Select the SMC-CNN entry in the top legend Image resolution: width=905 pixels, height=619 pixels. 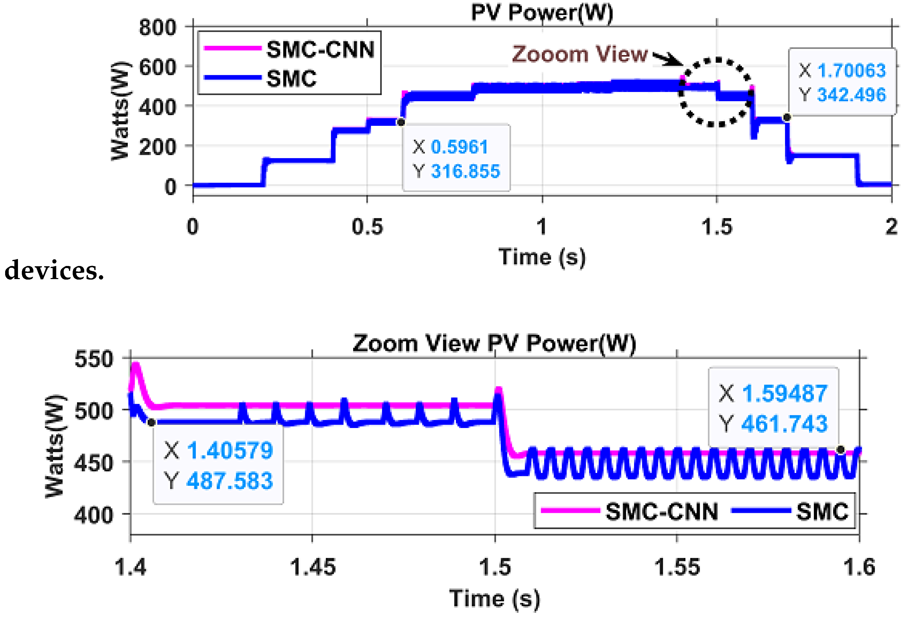pos(320,50)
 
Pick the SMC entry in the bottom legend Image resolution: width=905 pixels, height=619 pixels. pos(822,511)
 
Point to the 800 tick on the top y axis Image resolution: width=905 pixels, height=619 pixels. pos(158,28)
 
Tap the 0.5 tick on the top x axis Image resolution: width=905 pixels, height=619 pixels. pos(367,227)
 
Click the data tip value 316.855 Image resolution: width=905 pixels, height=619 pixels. pos(465,171)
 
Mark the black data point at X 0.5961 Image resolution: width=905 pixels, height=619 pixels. pos(401,122)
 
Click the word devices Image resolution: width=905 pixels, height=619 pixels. pos(54,270)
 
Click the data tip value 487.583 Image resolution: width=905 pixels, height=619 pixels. pos(230,481)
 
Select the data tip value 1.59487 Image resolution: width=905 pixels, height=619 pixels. pos(785,393)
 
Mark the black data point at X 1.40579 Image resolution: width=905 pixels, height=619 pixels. pos(152,422)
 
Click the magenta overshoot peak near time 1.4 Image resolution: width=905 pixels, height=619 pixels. pos(135,365)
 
